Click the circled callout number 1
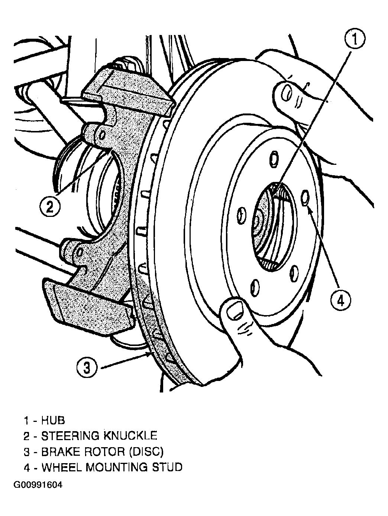click(x=355, y=39)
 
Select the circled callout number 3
click(x=87, y=367)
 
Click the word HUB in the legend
click(x=53, y=420)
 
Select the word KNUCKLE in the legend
click(x=130, y=436)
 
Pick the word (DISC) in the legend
click(x=146, y=452)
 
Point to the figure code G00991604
click(x=38, y=484)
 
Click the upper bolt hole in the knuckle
click(x=103, y=135)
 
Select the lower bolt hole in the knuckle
click(x=80, y=252)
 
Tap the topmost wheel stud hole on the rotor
click(x=274, y=160)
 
